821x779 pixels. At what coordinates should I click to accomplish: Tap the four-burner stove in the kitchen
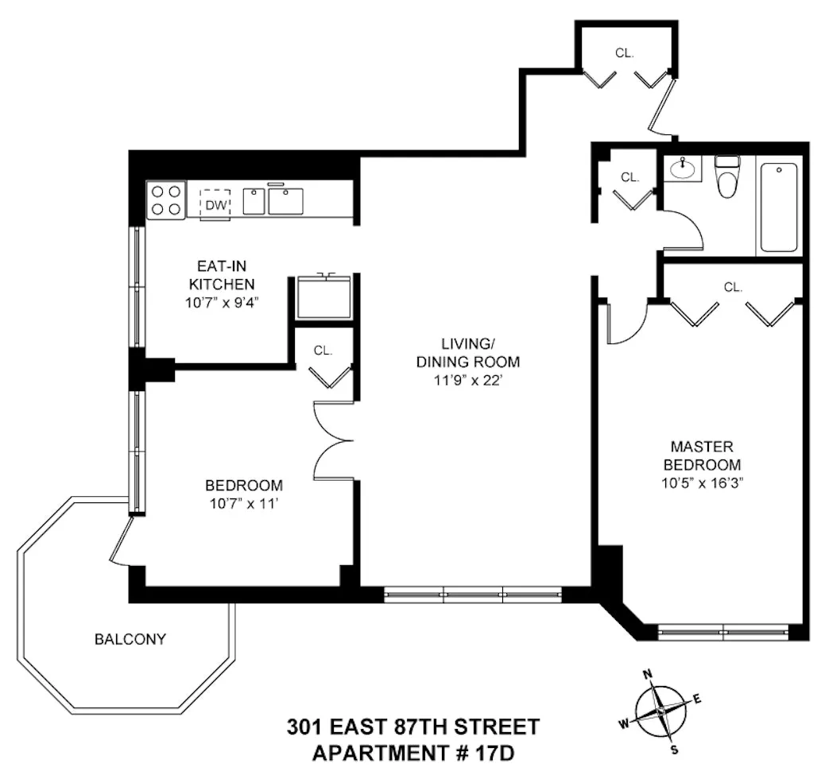coord(165,200)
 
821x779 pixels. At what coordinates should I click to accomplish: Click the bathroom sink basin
coord(681,169)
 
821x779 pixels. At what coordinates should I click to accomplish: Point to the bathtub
coord(780,207)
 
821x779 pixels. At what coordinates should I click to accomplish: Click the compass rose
coord(660,710)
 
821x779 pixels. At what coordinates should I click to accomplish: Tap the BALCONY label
coord(130,638)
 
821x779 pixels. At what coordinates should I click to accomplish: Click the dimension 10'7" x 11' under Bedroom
coord(243,502)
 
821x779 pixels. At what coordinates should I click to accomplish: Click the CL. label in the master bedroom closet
coord(733,287)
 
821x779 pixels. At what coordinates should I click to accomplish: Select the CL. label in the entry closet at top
coord(625,53)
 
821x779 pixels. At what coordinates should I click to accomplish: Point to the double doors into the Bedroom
coord(334,441)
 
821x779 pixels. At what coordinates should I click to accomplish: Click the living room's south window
coord(473,594)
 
